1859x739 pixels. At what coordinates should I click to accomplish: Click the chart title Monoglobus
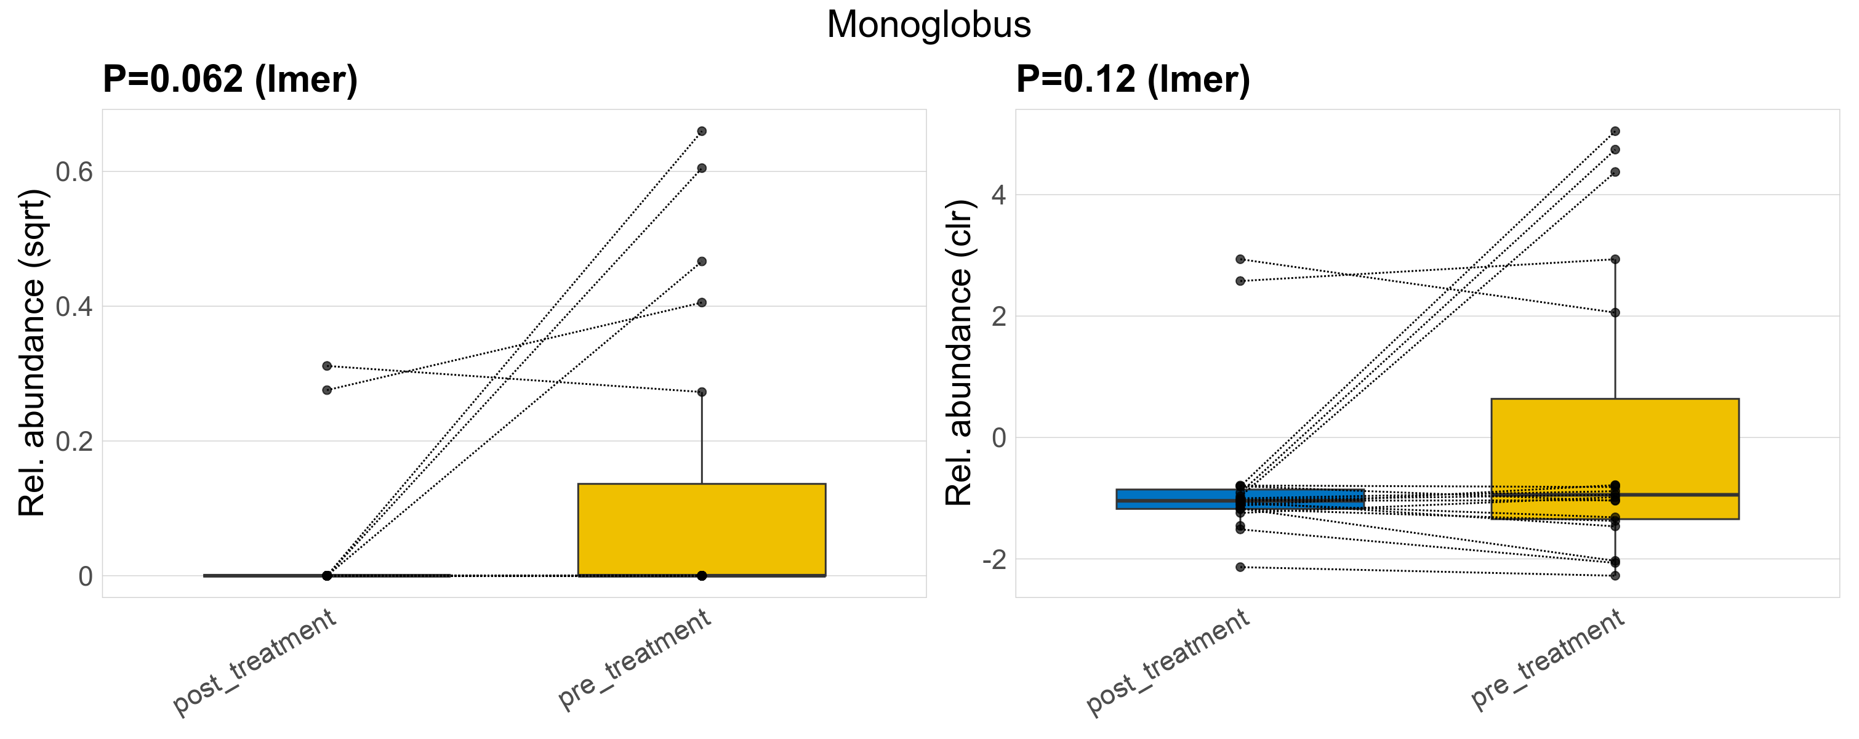tap(929, 25)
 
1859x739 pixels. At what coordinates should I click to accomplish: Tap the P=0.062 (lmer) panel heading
tap(230, 79)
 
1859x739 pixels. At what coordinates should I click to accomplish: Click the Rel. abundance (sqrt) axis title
tap(32, 353)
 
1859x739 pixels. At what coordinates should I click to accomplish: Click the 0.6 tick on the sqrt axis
tap(74, 172)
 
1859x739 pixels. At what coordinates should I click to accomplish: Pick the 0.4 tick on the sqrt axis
tap(74, 307)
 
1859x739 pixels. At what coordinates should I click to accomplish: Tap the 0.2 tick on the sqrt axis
tap(74, 441)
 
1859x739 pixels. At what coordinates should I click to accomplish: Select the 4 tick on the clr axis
tap(999, 195)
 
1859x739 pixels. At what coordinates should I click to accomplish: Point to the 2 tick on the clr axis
tap(999, 316)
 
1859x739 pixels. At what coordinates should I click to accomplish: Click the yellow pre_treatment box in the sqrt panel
tap(702, 530)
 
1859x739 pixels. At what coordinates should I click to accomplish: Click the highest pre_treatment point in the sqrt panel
tap(702, 131)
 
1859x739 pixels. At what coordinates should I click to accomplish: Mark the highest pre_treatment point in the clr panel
tap(1615, 131)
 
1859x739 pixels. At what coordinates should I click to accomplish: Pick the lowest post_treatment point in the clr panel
tap(1240, 567)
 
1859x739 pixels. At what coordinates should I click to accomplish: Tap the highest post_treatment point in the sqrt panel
tap(327, 366)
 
